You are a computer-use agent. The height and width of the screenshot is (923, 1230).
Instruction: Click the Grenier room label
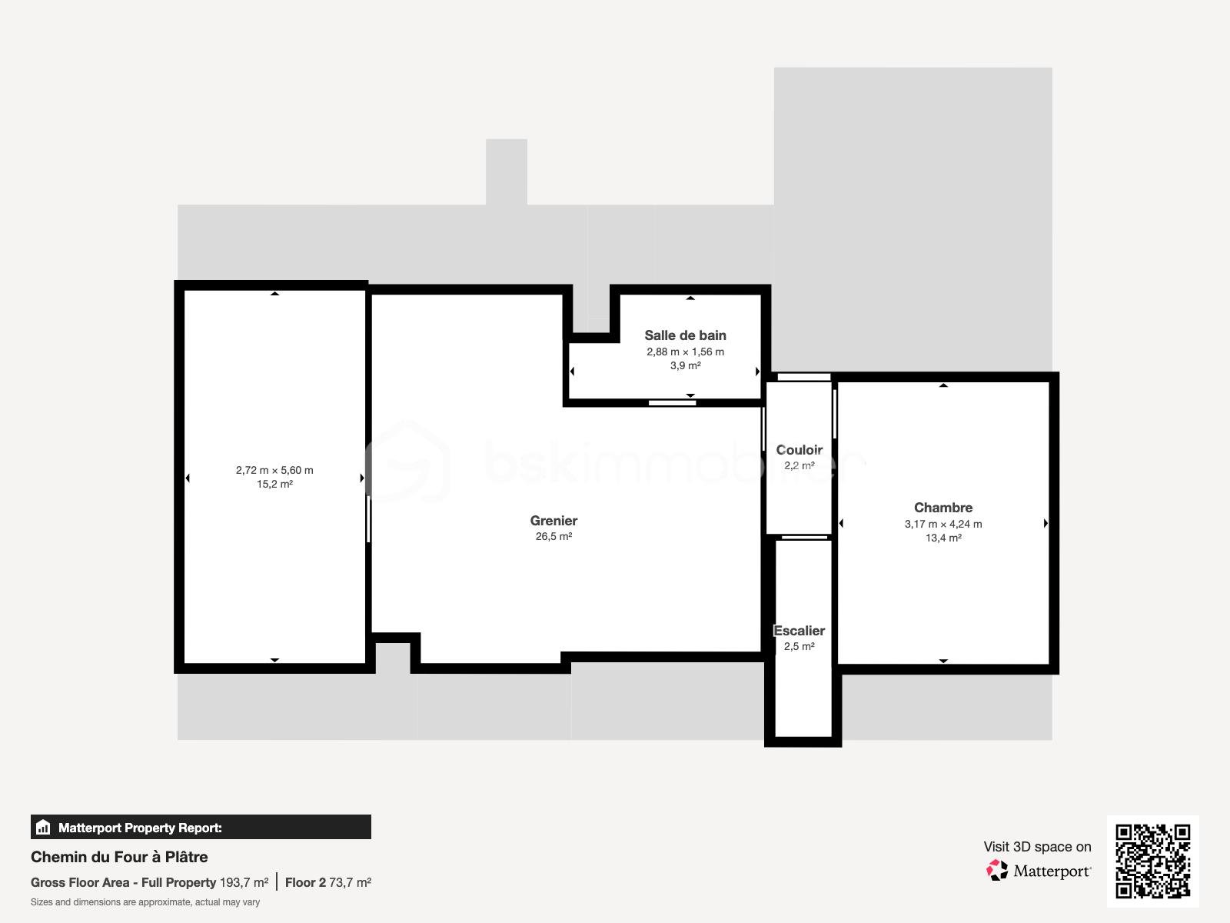tap(553, 521)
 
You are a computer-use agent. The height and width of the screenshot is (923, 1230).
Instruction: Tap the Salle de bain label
tap(685, 335)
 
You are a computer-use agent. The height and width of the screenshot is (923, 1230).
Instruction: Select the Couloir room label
tap(799, 450)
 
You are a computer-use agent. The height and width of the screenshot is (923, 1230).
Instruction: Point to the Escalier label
tap(799, 631)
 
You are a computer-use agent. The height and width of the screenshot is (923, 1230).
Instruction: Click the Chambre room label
tap(943, 508)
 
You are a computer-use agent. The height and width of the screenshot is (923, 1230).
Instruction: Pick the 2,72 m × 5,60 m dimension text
tap(274, 470)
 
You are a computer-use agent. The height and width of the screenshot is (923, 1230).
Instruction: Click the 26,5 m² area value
tap(553, 537)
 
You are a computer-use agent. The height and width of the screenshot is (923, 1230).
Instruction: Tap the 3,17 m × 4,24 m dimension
tap(943, 524)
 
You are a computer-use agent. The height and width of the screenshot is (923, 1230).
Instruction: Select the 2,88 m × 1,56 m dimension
tap(685, 352)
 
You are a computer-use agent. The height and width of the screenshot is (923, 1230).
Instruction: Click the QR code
tap(1152, 861)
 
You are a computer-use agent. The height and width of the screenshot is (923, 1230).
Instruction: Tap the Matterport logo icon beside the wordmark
tap(997, 871)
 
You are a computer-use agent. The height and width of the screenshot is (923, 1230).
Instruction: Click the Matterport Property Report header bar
tap(201, 828)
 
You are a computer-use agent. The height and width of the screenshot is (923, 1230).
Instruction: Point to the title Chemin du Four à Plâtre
tap(119, 857)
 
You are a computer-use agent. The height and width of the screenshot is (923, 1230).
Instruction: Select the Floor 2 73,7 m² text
tap(328, 882)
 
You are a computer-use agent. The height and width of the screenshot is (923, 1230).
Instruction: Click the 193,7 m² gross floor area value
tap(244, 882)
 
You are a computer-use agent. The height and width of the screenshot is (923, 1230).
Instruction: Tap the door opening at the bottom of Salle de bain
tap(672, 402)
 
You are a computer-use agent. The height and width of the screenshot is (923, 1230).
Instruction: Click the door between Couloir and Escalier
tap(804, 537)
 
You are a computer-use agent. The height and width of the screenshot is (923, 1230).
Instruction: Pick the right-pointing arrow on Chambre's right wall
tap(1045, 524)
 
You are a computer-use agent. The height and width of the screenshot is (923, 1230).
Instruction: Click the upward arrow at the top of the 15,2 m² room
tap(274, 294)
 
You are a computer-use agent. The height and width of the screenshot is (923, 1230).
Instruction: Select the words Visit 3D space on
tap(1037, 847)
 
